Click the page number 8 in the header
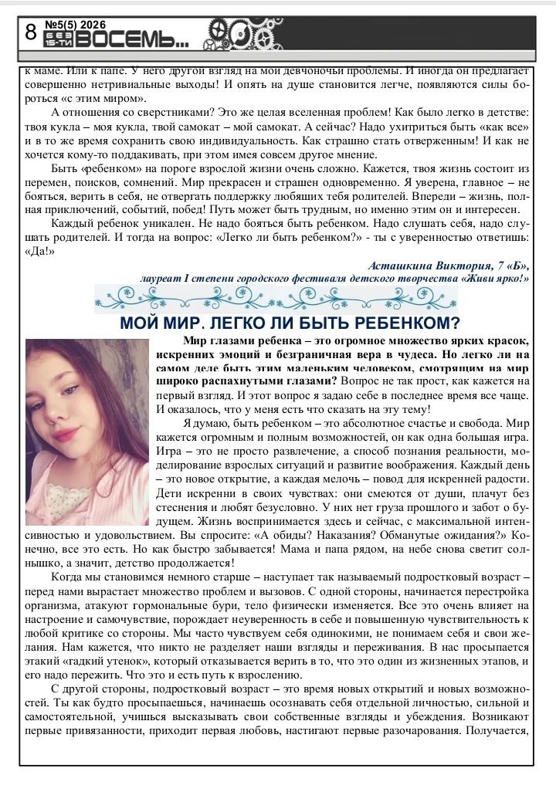click(31, 33)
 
